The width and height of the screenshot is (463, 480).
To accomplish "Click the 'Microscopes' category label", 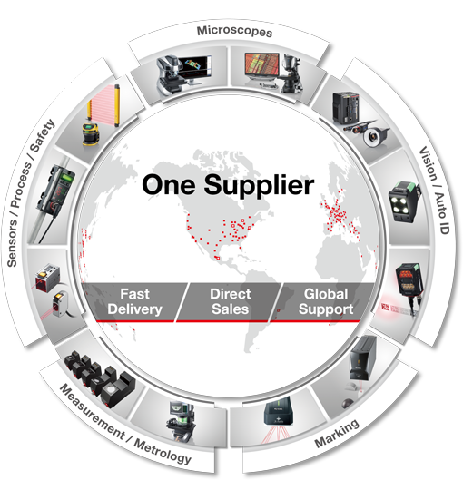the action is (234, 32).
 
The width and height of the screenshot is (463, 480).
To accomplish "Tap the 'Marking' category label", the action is (337, 432).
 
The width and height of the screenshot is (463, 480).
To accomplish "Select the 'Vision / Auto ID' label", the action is (434, 191).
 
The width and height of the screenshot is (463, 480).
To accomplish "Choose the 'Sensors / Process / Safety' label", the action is (31, 193).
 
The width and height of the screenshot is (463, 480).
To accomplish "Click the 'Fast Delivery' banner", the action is (134, 301).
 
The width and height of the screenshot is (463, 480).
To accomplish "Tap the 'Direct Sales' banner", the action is (230, 301).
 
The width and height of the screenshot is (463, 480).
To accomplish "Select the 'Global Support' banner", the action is (326, 301).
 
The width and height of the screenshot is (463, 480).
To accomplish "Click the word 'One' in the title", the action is (169, 185).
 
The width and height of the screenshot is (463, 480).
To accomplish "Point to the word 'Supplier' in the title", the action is (259, 186).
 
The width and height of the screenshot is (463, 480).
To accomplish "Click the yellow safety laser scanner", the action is (91, 133).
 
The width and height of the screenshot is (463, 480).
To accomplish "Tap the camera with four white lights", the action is (403, 201).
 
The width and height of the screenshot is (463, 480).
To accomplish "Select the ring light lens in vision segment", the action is (373, 136).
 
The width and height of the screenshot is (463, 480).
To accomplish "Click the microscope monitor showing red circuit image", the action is (262, 64).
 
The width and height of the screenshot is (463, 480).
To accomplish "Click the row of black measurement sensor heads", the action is (101, 378).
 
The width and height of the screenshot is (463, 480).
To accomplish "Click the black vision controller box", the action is (345, 108).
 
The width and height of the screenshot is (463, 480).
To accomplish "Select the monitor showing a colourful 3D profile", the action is (195, 66).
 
